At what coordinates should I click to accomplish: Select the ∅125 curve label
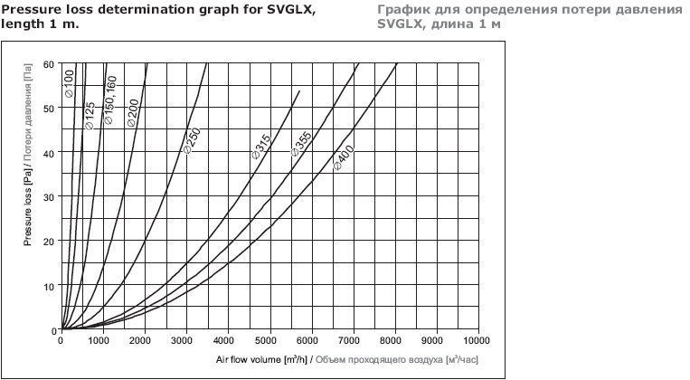click(90, 115)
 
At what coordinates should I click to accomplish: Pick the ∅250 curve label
click(192, 141)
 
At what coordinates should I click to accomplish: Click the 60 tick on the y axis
click(48, 65)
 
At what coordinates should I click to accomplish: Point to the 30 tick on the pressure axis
click(48, 196)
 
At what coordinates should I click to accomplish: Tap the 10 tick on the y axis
click(48, 285)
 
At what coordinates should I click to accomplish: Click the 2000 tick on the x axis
click(143, 341)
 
